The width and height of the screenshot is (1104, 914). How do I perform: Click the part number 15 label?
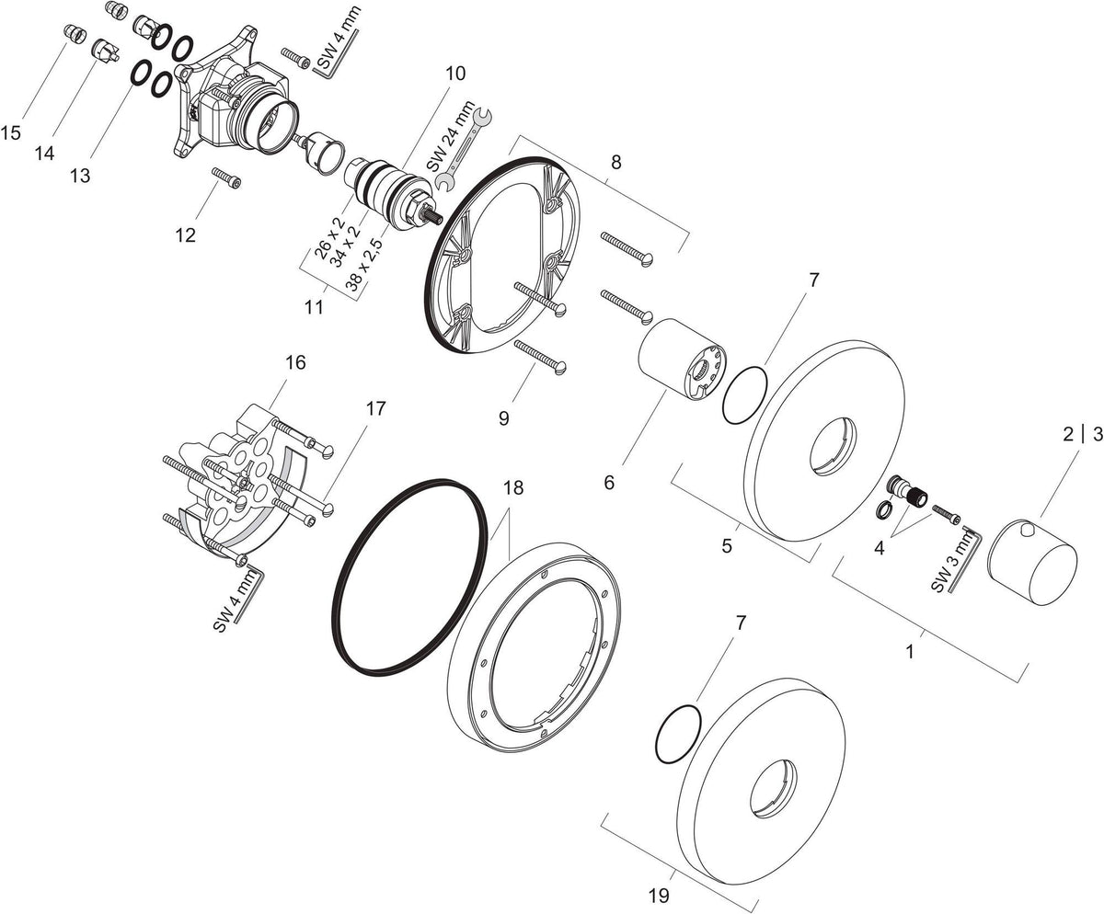tap(10, 132)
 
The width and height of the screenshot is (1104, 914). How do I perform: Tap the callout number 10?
tap(454, 73)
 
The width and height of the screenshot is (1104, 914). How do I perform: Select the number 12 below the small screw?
tap(186, 234)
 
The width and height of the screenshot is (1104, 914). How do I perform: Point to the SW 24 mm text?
tap(451, 136)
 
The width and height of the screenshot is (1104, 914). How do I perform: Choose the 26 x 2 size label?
tap(329, 238)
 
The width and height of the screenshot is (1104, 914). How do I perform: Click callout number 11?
tap(314, 306)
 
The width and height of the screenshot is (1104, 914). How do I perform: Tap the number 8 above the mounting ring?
tap(616, 162)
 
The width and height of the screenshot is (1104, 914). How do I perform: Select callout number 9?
tap(504, 418)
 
